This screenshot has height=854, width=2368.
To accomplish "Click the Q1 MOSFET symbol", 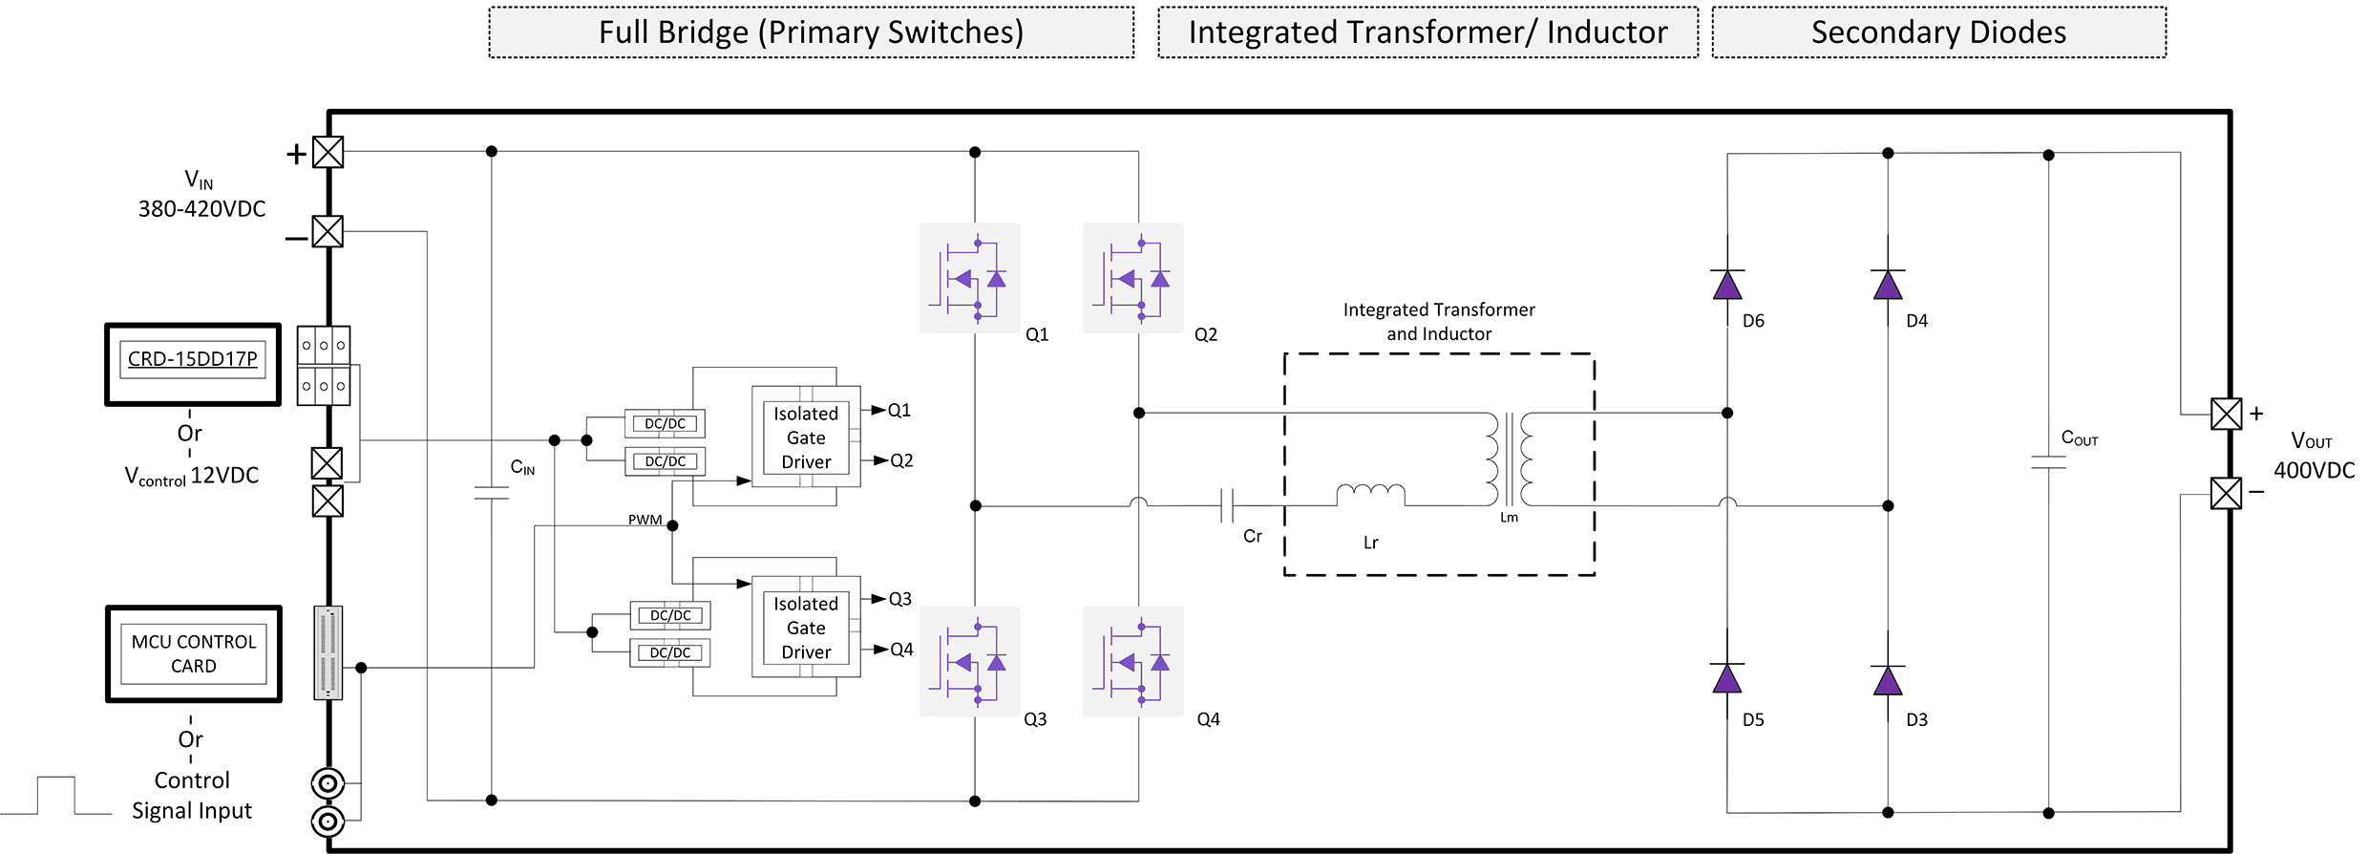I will (x=969, y=278).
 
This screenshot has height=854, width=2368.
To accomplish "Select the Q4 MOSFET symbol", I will (x=1133, y=661).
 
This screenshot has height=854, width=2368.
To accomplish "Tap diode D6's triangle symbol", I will (x=1727, y=285).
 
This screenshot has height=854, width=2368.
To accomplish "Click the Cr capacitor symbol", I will (x=1227, y=505).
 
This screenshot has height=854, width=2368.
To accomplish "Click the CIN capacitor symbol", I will (x=491, y=493).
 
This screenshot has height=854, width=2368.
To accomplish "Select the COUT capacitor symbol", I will (x=2048, y=462).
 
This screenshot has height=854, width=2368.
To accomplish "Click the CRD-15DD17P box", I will (x=193, y=364).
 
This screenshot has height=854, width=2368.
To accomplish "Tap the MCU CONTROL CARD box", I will (x=194, y=654).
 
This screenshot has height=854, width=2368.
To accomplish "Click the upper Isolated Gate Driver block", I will (x=806, y=437).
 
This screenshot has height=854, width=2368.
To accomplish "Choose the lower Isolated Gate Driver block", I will (x=806, y=627).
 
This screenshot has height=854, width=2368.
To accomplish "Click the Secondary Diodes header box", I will (x=1938, y=32).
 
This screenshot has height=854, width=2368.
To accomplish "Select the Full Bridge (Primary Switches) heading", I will (x=811, y=32).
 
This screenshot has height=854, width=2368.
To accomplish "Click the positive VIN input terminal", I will (x=328, y=152).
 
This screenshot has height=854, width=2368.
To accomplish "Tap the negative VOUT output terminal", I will (x=2226, y=493).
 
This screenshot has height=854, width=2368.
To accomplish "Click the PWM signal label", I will (x=645, y=520).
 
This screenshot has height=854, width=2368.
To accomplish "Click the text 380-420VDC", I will (x=201, y=209).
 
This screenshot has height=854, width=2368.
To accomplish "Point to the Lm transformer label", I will (x=1509, y=518).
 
